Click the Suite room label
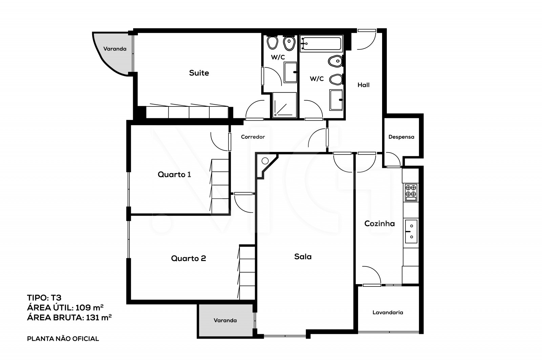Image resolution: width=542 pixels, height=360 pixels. (x=199, y=73)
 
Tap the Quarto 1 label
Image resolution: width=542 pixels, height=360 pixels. (x=174, y=175)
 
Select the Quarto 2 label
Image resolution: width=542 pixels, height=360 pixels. (x=188, y=259)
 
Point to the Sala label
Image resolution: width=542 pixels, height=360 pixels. (x=303, y=257)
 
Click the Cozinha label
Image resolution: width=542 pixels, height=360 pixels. (x=379, y=223)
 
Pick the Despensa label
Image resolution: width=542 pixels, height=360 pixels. (x=401, y=137)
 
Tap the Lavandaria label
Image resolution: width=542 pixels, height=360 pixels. (x=388, y=313)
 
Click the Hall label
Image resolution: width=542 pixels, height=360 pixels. (x=363, y=85)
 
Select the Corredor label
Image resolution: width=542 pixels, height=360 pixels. (x=253, y=137)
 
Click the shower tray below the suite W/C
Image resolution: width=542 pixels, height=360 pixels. (x=285, y=105)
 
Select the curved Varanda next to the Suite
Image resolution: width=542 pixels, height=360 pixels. (x=113, y=51)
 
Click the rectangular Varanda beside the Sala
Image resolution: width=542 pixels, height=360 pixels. (x=225, y=320)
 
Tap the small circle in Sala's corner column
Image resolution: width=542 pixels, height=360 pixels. (x=265, y=161)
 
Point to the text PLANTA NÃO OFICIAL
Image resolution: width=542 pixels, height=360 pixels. (x=63, y=339)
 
